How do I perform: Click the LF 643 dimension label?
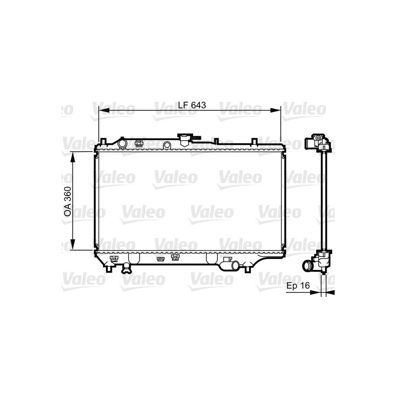[191, 105]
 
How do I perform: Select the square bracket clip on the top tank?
[139, 144]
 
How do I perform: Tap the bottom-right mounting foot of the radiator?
[247, 268]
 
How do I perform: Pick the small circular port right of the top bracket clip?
[167, 145]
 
